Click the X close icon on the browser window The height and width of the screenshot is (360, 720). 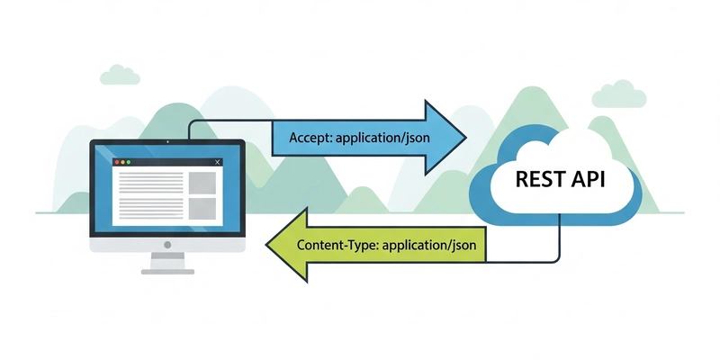218,162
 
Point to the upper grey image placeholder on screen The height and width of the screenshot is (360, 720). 202,183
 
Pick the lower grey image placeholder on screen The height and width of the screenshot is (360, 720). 202,211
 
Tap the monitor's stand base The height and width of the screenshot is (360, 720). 167,267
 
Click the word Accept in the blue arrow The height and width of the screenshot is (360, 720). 308,139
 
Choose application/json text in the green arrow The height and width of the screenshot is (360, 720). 428,243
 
